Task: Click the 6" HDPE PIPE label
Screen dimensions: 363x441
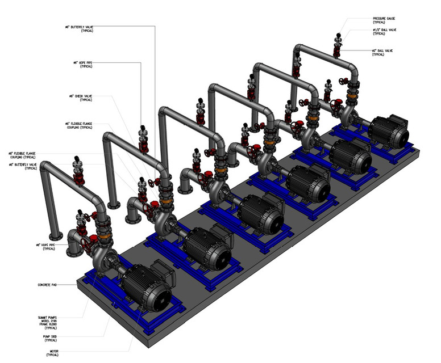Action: (x=82, y=64)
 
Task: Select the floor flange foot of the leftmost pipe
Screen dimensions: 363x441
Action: (x=55, y=235)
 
